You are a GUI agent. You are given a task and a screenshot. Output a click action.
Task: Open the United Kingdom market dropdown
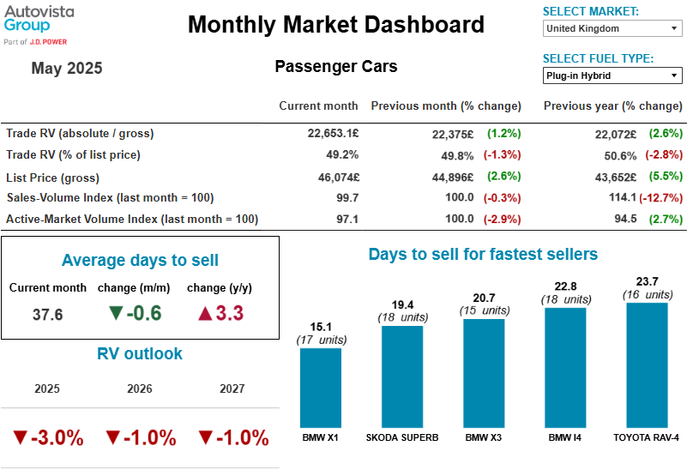pos(612,28)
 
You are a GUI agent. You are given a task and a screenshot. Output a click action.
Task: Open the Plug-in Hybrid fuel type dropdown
pos(612,75)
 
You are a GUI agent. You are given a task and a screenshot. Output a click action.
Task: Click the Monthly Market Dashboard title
pos(335,25)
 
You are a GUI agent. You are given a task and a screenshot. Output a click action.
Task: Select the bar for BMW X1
pos(321,387)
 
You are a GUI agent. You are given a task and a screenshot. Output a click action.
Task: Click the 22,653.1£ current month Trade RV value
pos(333,134)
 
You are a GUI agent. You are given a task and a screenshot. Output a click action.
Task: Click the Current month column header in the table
pos(318,106)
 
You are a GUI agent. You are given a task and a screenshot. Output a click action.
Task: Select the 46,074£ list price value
pos(334,177)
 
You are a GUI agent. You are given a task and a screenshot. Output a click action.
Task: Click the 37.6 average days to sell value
pos(47,314)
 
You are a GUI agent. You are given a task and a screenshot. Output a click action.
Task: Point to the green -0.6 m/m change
pos(136,314)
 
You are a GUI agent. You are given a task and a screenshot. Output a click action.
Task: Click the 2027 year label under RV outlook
pos(232,389)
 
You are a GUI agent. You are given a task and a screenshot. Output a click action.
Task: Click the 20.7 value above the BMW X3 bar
pos(484,298)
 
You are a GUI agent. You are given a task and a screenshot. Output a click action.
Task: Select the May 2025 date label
pos(67,69)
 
